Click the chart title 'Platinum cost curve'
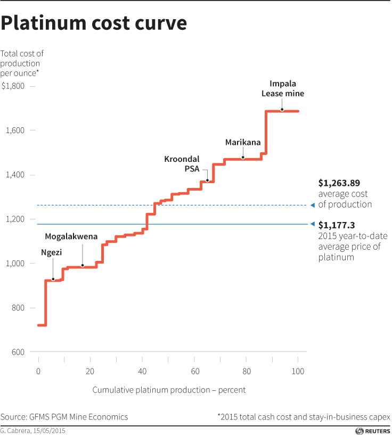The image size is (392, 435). [x=94, y=24]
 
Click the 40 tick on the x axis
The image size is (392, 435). [x=142, y=371]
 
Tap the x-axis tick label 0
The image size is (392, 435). [x=38, y=371]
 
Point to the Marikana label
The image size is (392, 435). [x=242, y=142]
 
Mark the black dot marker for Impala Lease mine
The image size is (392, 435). [x=282, y=110]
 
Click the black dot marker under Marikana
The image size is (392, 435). [x=243, y=158]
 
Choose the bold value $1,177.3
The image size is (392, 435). [x=337, y=225]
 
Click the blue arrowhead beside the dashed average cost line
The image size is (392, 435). [x=312, y=205]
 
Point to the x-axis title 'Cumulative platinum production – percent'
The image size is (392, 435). [x=169, y=390]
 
